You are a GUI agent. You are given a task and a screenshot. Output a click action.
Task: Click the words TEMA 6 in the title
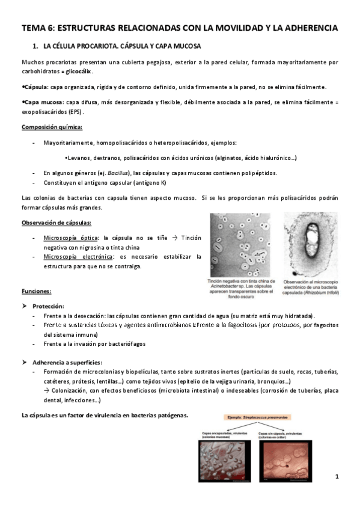39,28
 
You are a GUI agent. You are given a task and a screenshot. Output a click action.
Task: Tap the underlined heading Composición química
52,127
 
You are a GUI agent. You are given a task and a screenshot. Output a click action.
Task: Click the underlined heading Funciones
36,291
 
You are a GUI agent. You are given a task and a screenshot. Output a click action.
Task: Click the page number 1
337,477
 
